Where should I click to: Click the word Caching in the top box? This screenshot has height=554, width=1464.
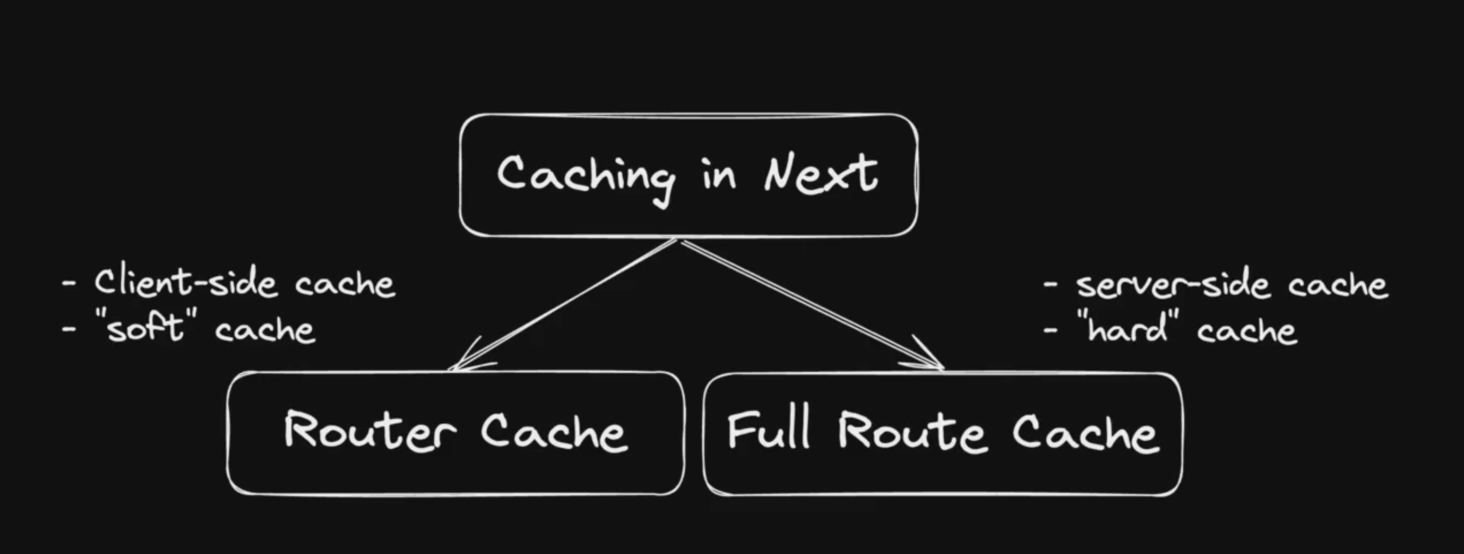[x=585, y=177]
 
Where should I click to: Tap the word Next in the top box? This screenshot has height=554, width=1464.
[x=820, y=173]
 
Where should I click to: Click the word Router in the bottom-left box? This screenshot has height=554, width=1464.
[x=370, y=431]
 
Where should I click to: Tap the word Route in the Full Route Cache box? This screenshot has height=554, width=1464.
[x=912, y=432]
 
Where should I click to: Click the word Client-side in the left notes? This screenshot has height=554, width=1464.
[x=185, y=283]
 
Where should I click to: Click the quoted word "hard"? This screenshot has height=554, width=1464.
[x=1127, y=328]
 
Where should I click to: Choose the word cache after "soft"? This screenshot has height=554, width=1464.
[x=265, y=330]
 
